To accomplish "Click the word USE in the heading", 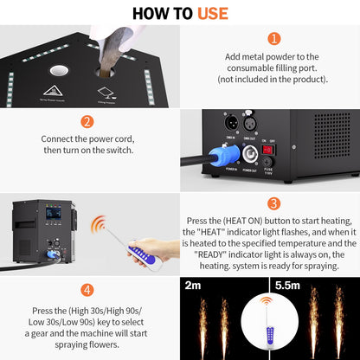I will tap(211, 13).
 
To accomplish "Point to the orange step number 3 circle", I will tap(273, 204).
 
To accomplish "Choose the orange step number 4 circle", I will tap(87, 288).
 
